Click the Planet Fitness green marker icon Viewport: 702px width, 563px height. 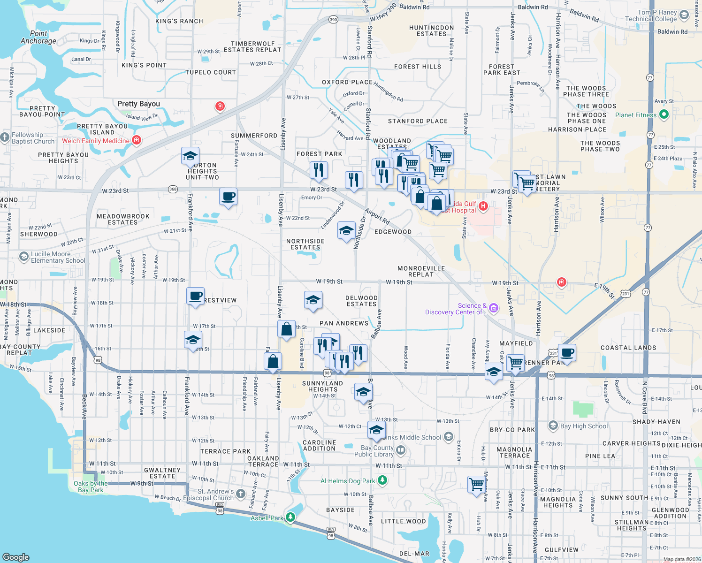tap(664, 114)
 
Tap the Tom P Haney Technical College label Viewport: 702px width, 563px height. tap(650, 15)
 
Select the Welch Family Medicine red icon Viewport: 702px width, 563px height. tap(137, 140)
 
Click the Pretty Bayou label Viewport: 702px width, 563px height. tap(138, 104)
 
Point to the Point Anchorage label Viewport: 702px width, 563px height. tap(38, 37)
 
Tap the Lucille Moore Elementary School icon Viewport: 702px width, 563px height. tap(23, 257)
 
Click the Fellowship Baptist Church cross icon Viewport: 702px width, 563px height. tap(5, 137)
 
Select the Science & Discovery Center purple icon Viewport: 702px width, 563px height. tap(493, 308)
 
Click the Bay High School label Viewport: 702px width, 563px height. tap(584, 426)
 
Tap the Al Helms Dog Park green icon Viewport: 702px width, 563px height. tap(382, 480)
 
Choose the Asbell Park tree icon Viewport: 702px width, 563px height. tap(290, 517)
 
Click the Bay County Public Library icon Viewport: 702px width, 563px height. tap(400, 450)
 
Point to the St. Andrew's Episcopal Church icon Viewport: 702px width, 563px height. tap(241, 494)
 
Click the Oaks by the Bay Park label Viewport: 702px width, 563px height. tap(91, 487)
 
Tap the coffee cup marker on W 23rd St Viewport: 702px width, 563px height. tap(228, 197)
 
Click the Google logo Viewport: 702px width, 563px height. tap(16, 557)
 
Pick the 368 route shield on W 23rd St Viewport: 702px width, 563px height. tap(173, 189)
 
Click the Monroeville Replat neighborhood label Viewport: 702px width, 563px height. tap(421, 271)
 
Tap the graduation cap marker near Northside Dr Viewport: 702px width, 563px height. tap(346, 230)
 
